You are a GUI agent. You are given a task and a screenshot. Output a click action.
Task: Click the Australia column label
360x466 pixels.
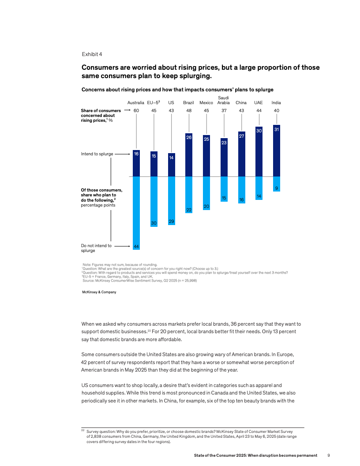pyautogui.click(x=136, y=102)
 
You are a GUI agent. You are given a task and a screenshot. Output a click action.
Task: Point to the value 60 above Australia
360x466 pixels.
pyautogui.click(x=136, y=110)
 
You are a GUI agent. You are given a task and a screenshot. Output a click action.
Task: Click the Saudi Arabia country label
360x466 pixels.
pyautogui.click(x=224, y=100)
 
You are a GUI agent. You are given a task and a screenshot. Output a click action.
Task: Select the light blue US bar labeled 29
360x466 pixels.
pyautogui.click(x=171, y=201)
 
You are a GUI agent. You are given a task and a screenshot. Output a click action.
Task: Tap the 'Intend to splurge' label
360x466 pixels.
pyautogui.click(x=97, y=154)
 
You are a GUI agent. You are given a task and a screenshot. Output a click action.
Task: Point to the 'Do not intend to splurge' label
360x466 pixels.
pyautogui.click(x=96, y=248)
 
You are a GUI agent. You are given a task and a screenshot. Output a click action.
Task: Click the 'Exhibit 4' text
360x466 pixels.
pyautogui.click(x=92, y=54)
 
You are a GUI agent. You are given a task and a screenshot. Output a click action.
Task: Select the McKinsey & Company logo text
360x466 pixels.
pyautogui.click(x=99, y=292)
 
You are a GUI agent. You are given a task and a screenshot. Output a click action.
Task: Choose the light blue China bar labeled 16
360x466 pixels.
pyautogui.click(x=241, y=190)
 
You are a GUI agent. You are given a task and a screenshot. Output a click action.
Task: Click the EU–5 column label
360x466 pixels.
pyautogui.click(x=154, y=102)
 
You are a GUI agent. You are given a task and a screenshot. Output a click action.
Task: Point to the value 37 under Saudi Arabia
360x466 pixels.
pyautogui.click(x=224, y=110)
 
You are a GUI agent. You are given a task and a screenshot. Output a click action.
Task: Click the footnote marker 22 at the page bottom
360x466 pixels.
pyautogui.click(x=83, y=430)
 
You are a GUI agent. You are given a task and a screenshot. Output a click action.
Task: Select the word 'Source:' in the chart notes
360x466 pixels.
pyautogui.click(x=90, y=281)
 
